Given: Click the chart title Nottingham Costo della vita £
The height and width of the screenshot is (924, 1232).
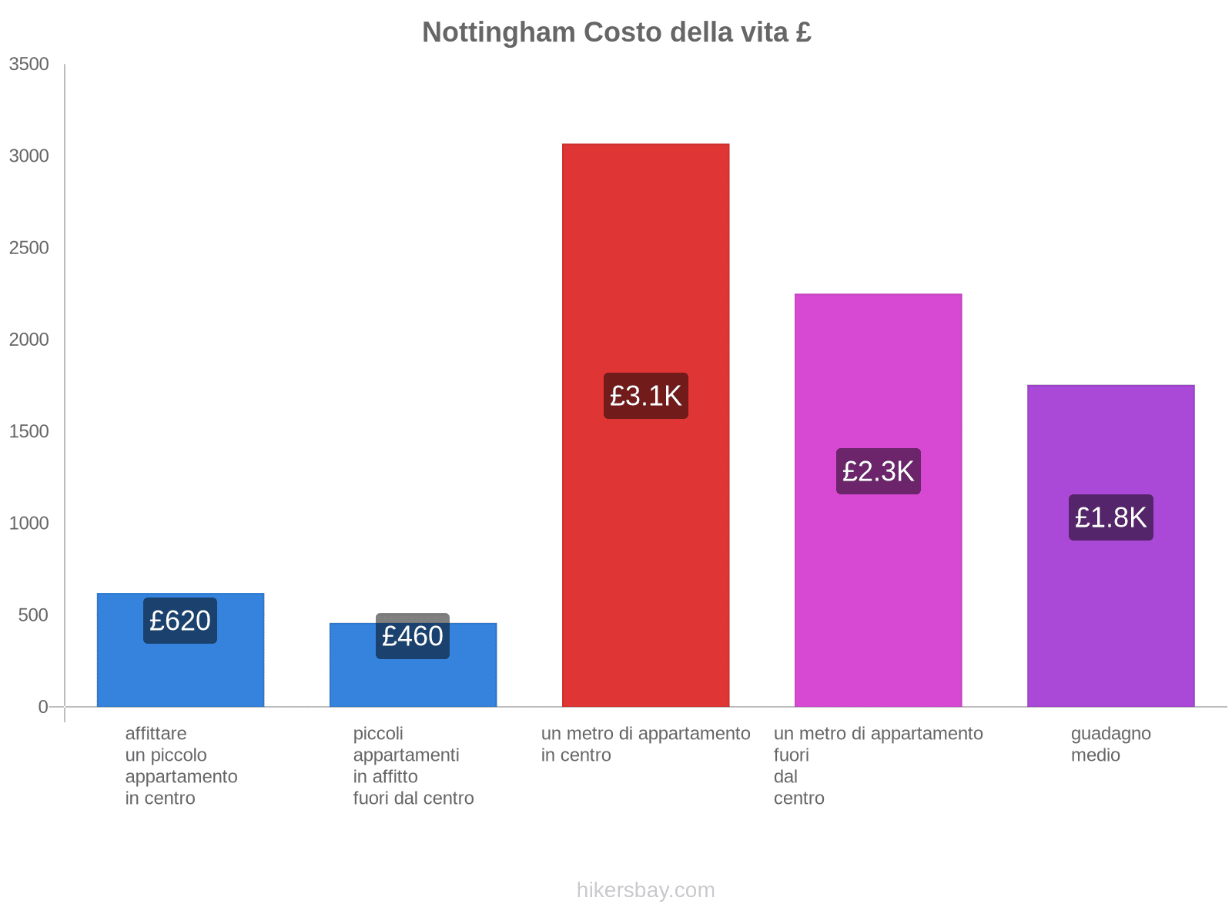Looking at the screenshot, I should (x=616, y=32).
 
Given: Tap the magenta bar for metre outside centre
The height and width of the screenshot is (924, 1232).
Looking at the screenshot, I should (x=878, y=370).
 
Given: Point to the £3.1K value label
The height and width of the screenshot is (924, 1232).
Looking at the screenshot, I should (x=645, y=396).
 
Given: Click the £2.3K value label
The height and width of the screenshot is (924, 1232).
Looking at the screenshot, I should (x=878, y=471).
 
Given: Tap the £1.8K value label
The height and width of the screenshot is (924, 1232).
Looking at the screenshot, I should (x=1110, y=517).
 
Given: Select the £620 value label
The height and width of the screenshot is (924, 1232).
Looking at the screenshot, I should (x=180, y=621).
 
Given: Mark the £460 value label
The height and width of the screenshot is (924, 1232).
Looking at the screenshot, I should (x=413, y=637).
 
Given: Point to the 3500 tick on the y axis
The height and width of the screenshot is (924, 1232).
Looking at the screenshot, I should (x=29, y=65).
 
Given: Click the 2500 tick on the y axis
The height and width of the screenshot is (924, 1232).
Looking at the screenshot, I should (x=29, y=248).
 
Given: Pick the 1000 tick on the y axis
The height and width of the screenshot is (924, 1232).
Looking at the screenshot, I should (x=29, y=524).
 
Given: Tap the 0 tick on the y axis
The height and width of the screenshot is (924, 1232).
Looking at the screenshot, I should (x=43, y=707).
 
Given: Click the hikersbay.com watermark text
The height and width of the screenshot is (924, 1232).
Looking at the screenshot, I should (x=645, y=890).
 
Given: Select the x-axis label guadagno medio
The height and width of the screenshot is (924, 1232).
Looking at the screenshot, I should (x=1110, y=744).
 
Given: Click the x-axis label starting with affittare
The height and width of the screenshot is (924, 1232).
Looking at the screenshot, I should (x=181, y=765).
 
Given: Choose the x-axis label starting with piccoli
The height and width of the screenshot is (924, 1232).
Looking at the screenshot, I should (x=413, y=765).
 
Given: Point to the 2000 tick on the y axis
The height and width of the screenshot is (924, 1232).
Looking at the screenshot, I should (x=29, y=340).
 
